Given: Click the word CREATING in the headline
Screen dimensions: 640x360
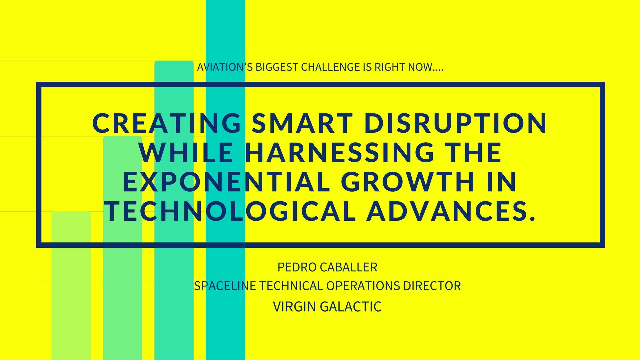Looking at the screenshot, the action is pyautogui.click(x=167, y=123).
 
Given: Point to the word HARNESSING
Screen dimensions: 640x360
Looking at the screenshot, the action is pyautogui.click(x=339, y=152).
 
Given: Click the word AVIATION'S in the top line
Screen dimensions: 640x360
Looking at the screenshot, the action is pyautogui.click(x=225, y=67).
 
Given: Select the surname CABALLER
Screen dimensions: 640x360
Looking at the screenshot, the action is pyautogui.click(x=349, y=267).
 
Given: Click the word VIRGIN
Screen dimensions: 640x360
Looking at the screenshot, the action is pyautogui.click(x=295, y=306).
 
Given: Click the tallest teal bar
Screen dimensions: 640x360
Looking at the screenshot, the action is pyautogui.click(x=225, y=180).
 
